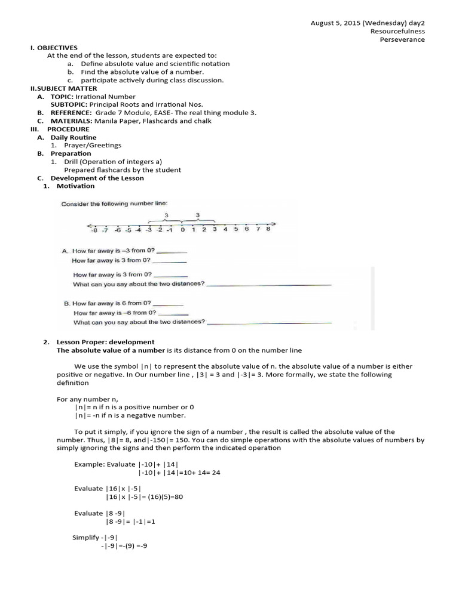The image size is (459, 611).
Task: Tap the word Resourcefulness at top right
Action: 397,31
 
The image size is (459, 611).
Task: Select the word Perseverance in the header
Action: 402,39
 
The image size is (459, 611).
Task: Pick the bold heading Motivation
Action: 75,186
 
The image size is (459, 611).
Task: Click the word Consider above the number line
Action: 75,204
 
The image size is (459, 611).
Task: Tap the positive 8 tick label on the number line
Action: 268,229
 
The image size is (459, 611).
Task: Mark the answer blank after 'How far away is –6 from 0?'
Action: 173,313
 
